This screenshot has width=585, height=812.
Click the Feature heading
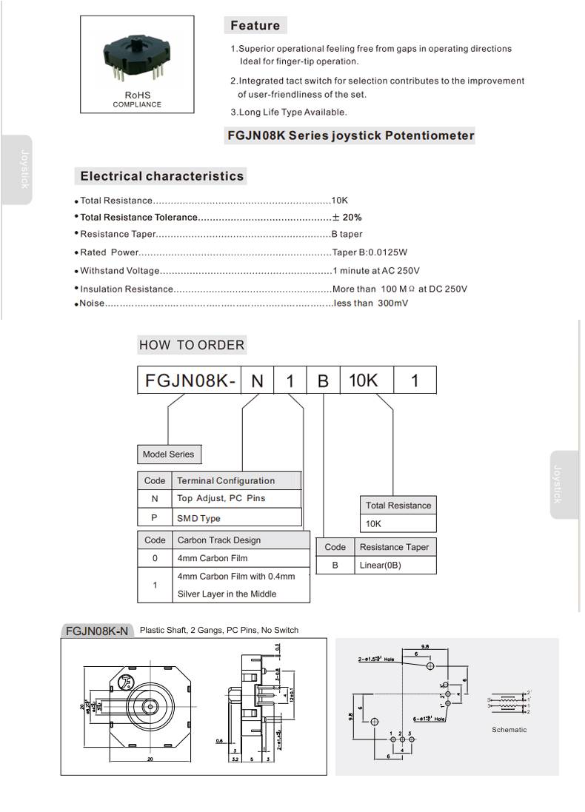point(255,26)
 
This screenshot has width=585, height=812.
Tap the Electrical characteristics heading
point(161,176)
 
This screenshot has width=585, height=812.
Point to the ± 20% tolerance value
point(347,218)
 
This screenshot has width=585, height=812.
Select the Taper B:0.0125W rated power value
point(370,252)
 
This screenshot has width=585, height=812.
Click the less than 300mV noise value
point(370,303)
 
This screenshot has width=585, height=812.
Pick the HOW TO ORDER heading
point(191,345)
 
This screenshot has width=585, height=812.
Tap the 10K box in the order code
point(363,380)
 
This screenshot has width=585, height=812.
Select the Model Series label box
point(169,454)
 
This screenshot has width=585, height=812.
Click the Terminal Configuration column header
point(226,481)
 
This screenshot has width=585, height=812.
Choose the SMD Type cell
point(198,518)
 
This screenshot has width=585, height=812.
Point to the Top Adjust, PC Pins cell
point(221,499)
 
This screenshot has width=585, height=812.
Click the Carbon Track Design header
point(218,540)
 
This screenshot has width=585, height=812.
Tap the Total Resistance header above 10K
point(398,506)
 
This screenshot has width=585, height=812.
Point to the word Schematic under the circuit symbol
point(509,730)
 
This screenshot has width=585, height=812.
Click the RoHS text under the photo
point(137,95)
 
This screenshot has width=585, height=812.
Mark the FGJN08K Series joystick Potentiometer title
point(350,135)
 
